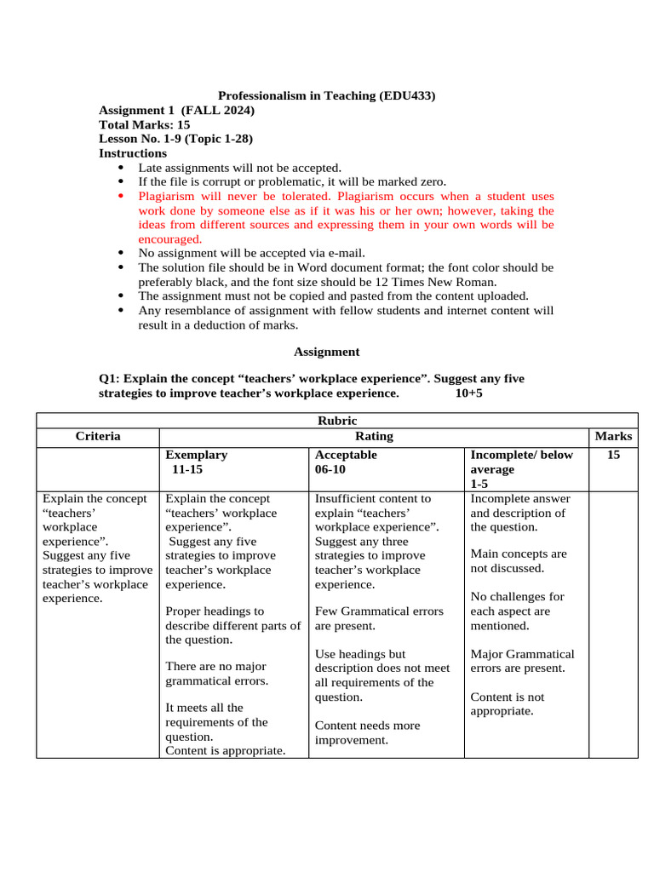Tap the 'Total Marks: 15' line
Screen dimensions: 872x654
tap(144, 124)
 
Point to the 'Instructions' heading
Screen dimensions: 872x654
tap(133, 153)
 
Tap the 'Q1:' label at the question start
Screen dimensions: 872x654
tap(110, 378)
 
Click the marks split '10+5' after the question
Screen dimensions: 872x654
tap(469, 393)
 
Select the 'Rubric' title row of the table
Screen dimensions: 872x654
tap(337, 421)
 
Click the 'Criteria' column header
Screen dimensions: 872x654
tap(98, 436)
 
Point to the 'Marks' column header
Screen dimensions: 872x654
tap(613, 436)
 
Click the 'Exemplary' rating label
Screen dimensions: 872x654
tap(196, 455)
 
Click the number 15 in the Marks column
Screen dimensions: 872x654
tap(613, 456)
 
